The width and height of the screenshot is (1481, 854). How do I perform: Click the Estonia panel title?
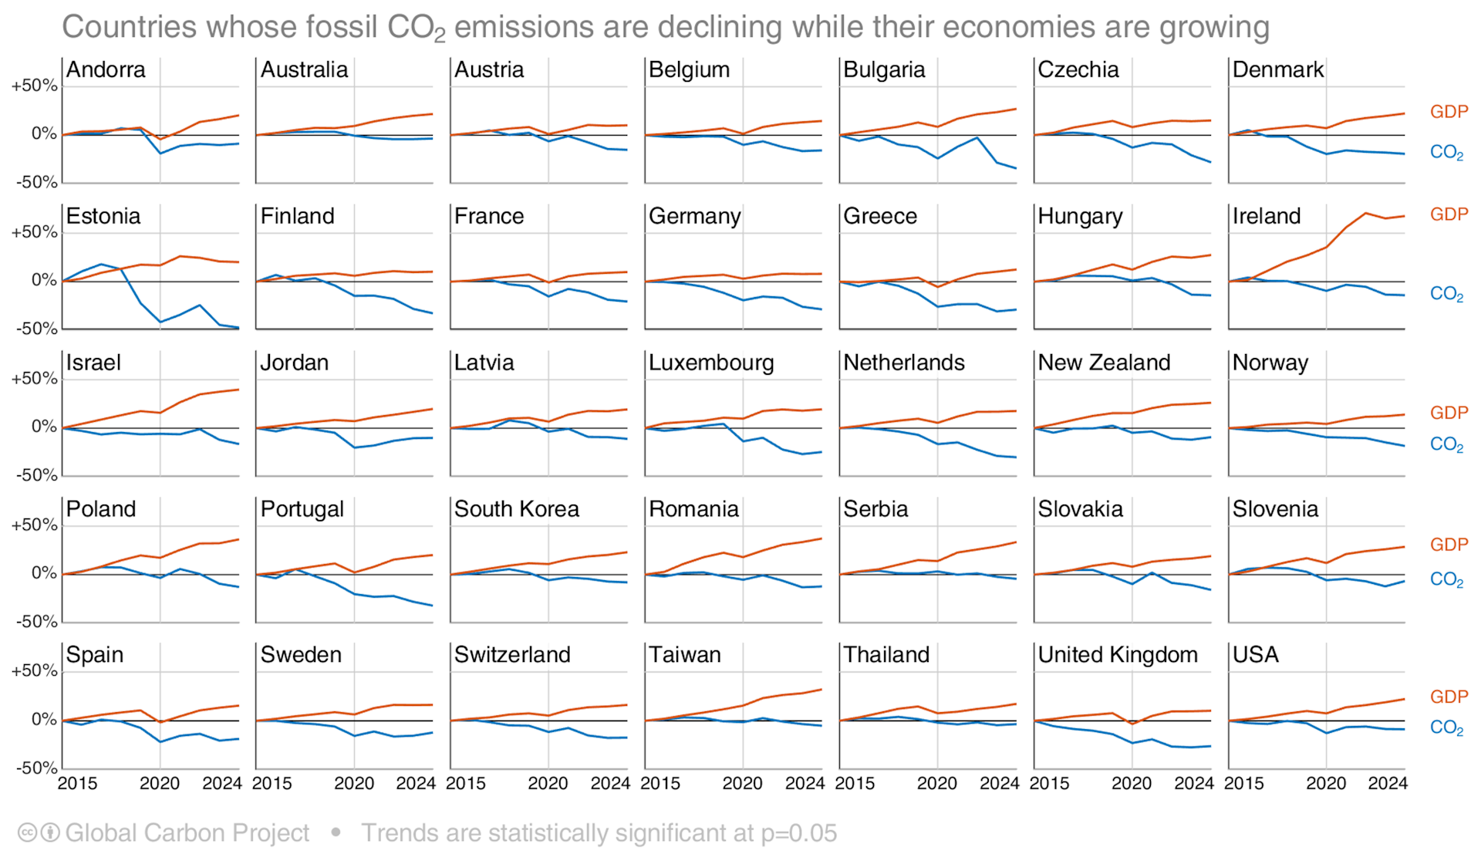pos(103,216)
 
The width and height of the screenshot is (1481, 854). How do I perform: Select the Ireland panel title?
pos(1266,216)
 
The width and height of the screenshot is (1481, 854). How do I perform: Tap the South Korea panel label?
pos(516,509)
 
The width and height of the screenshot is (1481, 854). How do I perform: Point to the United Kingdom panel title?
pos(1117,655)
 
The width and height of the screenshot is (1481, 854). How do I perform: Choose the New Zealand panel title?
pos(1103,363)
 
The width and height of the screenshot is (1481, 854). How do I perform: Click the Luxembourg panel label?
pos(710,363)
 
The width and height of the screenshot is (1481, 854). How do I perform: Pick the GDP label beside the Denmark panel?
pos(1449,112)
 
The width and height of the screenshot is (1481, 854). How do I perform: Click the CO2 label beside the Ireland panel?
pos(1446,294)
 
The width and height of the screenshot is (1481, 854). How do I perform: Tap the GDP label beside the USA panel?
pos(1449,697)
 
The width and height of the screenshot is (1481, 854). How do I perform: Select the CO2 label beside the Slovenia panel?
pos(1446,579)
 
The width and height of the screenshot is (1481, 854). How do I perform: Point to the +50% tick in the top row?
pos(34,86)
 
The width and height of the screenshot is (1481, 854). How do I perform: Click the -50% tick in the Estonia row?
pos(36,329)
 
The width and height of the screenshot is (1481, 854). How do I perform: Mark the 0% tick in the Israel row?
pos(43,427)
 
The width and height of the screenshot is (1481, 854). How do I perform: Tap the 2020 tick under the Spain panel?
pos(160,784)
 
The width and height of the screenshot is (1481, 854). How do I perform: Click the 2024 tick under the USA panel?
pos(1387,784)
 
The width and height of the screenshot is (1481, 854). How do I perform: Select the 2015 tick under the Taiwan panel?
pos(660,784)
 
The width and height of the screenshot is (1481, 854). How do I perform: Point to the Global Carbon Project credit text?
pos(187,833)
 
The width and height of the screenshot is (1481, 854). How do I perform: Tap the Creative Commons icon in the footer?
pos(27,833)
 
